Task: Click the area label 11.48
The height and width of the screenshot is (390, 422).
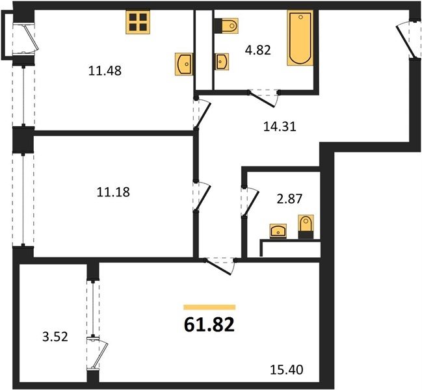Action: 105,71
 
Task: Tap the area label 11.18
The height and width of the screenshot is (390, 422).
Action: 113,192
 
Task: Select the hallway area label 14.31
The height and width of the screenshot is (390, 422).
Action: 280,127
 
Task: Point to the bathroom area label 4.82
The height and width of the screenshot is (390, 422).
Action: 258,50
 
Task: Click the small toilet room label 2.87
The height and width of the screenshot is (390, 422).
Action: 289,200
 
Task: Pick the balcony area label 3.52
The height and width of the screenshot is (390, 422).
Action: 55,337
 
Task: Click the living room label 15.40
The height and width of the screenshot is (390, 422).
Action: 287,370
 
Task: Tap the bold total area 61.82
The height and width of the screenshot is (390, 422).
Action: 209,325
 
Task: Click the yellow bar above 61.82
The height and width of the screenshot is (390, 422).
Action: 209,307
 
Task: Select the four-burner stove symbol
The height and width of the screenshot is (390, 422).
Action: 138,22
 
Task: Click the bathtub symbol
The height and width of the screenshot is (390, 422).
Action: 300,38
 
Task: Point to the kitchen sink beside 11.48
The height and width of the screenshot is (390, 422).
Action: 185,64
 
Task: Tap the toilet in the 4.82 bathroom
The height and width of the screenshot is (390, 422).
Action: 227,26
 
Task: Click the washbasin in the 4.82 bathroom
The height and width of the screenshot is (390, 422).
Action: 222,62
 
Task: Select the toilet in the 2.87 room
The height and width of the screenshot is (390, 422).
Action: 306,226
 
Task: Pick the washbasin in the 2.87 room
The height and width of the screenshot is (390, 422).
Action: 278,231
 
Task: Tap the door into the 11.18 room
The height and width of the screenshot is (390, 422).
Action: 202,196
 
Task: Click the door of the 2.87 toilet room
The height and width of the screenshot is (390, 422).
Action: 250,201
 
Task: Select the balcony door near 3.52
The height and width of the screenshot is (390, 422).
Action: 97,354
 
